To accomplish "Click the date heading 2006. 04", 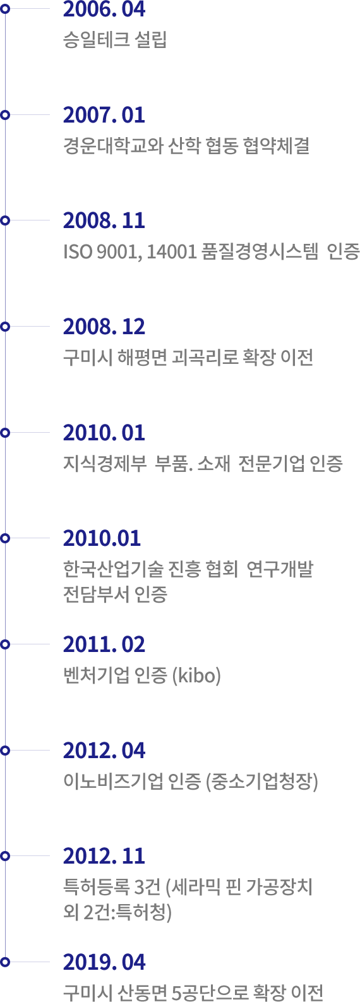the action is [x=104, y=9].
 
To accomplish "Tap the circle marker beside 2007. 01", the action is [x=5, y=114].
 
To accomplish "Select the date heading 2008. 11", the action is [x=104, y=220].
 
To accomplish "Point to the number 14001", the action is [x=172, y=252].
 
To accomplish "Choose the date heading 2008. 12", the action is [x=104, y=327].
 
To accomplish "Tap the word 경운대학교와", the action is [x=113, y=146].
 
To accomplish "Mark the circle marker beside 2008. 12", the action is [x=5, y=327].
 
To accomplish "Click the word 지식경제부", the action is [x=105, y=464].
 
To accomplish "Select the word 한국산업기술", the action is [x=113, y=569].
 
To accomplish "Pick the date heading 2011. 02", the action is [x=104, y=644].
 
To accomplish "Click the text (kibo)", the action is [x=197, y=675].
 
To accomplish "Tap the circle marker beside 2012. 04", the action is [x=5, y=750].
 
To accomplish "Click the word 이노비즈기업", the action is [x=113, y=781].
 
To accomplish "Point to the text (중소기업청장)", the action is [x=261, y=782].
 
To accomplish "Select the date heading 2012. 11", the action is [x=104, y=855].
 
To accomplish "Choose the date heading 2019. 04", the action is [x=104, y=962].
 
